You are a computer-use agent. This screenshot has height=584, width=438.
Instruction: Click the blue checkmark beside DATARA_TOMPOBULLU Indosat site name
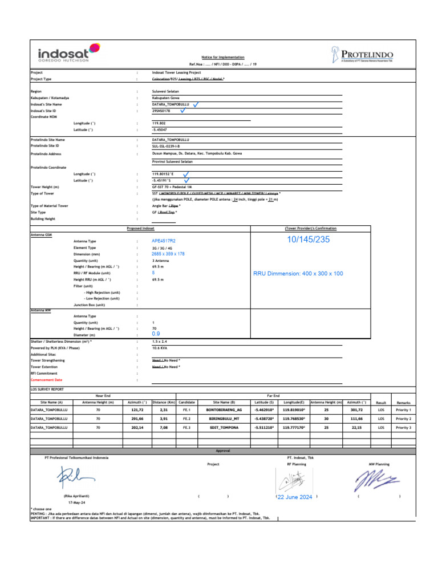[x=196, y=104]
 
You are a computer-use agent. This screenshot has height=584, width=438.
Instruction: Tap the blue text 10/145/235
[x=309, y=240]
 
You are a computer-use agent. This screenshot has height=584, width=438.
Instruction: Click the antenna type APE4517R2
[x=164, y=241]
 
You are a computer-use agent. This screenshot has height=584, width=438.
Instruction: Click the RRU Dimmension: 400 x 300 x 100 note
[x=298, y=274]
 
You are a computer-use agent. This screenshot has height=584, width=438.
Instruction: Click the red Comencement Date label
[x=46, y=379]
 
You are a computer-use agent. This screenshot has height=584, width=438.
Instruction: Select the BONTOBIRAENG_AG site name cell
[x=224, y=409]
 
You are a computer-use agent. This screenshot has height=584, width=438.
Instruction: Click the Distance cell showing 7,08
[x=163, y=427]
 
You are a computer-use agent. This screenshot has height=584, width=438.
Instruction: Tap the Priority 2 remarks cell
[x=403, y=418]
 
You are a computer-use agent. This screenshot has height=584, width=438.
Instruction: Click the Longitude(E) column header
[x=294, y=402]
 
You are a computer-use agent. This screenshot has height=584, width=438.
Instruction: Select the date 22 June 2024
[x=295, y=497]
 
